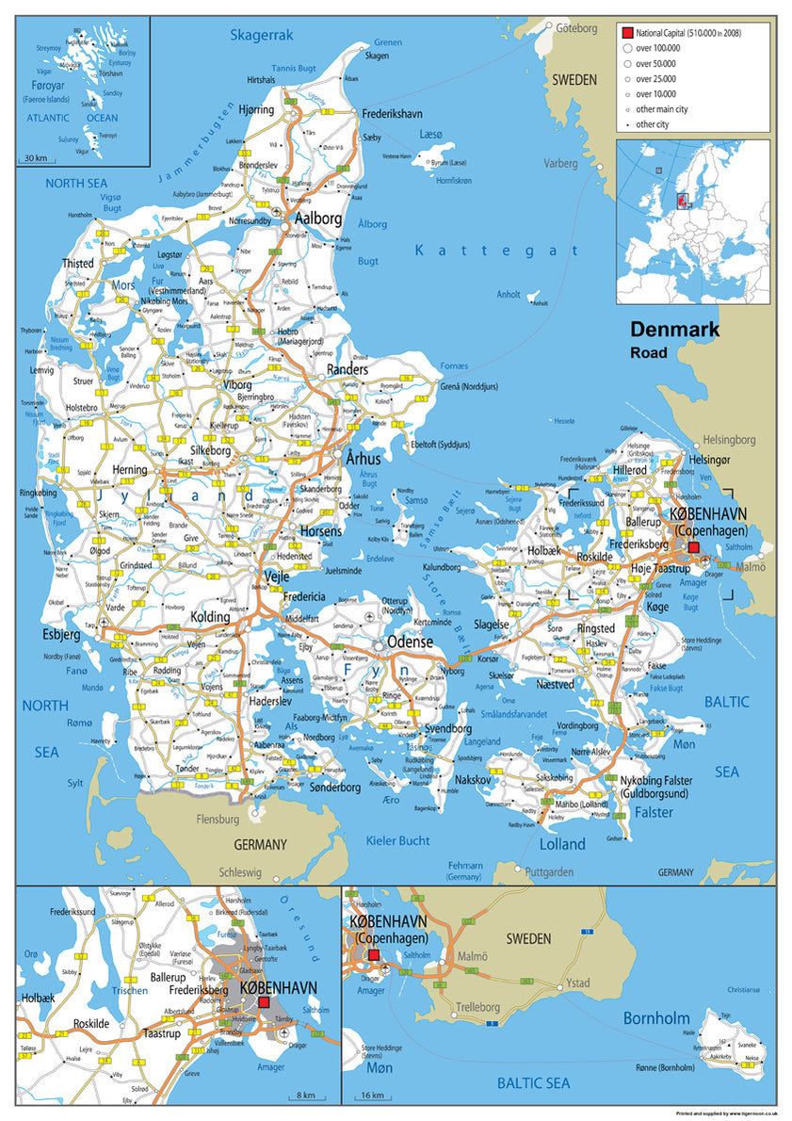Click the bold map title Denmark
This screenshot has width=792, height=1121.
click(x=674, y=330)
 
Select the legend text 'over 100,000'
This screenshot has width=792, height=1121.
click(x=657, y=47)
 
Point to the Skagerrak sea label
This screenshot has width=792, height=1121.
click(x=262, y=36)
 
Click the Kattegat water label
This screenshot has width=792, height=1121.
click(x=497, y=251)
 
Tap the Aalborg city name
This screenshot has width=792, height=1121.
click(x=318, y=219)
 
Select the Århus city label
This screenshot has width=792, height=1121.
click(x=363, y=459)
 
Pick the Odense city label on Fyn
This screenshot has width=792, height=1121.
click(x=410, y=642)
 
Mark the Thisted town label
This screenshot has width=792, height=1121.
click(x=77, y=264)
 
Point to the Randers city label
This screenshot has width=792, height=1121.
click(x=347, y=370)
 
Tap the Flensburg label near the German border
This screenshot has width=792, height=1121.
click(x=218, y=820)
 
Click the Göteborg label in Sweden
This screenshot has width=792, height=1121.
click(x=576, y=28)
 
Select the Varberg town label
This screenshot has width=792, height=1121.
click(x=560, y=163)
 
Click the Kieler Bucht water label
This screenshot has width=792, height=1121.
click(x=400, y=840)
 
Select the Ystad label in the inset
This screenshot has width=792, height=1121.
click(x=578, y=983)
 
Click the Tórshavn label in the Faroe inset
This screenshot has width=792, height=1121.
click(x=110, y=73)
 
